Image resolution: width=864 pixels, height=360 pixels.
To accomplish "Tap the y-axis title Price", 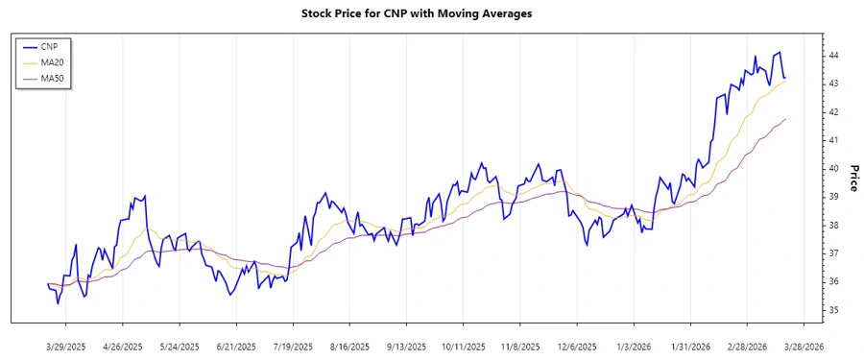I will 853,178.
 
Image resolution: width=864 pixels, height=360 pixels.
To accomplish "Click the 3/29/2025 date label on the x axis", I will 65,346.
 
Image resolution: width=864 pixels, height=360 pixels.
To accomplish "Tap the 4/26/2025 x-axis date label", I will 122,346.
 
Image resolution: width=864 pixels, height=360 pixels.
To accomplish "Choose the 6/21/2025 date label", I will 236,346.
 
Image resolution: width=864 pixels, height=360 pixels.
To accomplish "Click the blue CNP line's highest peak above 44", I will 780,53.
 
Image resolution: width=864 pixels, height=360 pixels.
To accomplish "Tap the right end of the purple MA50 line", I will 785,119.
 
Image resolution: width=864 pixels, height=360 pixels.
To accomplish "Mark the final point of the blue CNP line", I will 785,78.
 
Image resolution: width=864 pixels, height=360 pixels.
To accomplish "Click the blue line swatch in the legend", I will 29,46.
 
